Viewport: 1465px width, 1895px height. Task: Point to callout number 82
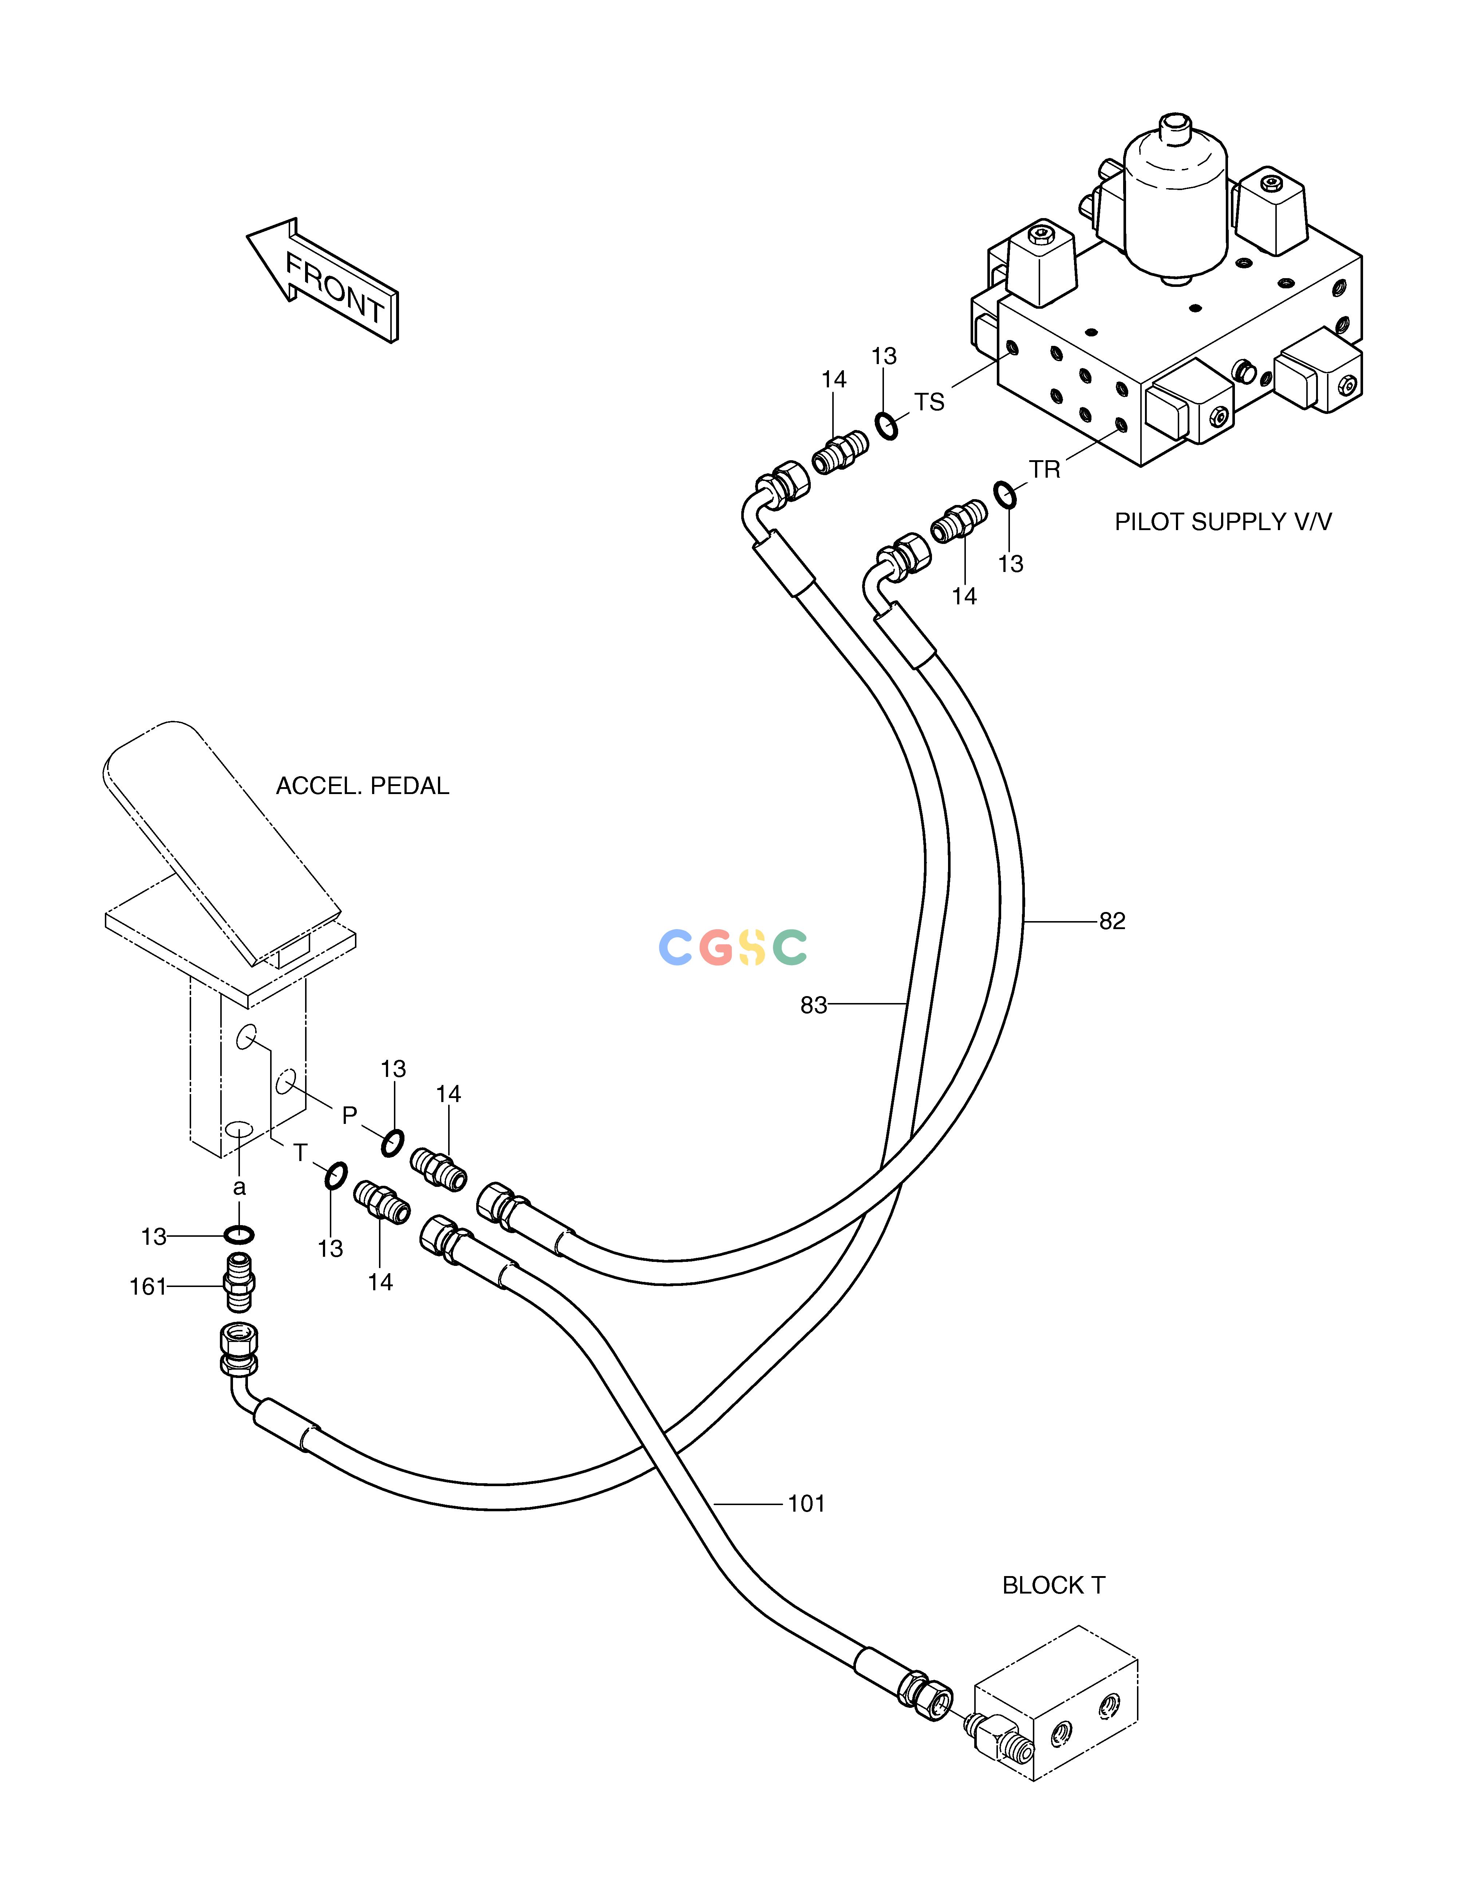(x=1112, y=921)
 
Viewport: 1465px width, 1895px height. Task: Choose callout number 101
(x=806, y=1504)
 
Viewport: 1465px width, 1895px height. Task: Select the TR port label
(x=1045, y=469)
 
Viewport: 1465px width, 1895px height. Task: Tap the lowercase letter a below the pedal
(x=240, y=1188)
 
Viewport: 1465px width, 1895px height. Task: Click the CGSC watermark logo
(x=732, y=947)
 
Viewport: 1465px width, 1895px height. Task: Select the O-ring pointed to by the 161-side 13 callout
(x=239, y=1235)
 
